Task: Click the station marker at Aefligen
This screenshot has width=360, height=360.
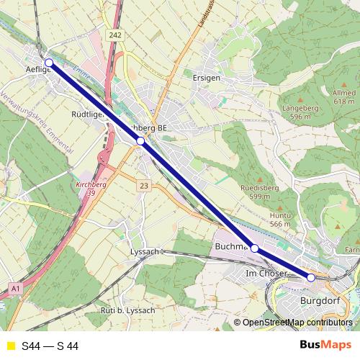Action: point(48,63)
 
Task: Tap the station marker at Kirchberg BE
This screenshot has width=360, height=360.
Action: point(140,141)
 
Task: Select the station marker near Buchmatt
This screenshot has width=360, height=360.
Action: point(254,248)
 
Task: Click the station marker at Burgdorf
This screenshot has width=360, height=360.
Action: point(311,277)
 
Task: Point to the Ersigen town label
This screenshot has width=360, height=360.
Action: point(207,76)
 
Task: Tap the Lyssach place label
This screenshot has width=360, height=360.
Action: point(143,252)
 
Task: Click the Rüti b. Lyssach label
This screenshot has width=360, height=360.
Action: point(127,310)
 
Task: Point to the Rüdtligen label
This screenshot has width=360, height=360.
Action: point(89,114)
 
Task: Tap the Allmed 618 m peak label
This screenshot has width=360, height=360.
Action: point(343,97)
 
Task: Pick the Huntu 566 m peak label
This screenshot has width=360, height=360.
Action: point(279,220)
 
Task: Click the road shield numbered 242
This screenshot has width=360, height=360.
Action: point(116,35)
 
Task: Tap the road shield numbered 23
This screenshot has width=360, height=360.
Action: point(144,186)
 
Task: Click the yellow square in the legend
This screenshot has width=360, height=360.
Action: point(10,346)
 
